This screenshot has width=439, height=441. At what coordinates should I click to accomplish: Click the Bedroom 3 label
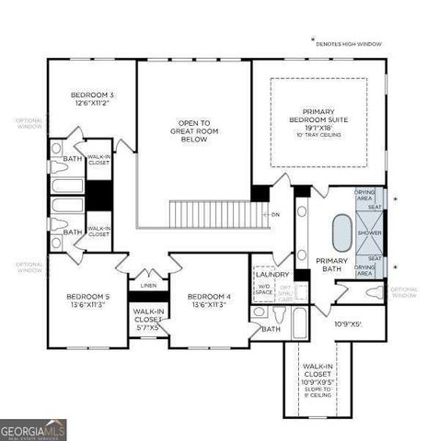click(x=92, y=99)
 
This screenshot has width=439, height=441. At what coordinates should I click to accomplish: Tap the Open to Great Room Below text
click(x=194, y=130)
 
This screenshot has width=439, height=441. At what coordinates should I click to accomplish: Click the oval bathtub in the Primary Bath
click(x=341, y=233)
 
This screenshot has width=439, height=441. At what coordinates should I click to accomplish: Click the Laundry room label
click(x=272, y=274)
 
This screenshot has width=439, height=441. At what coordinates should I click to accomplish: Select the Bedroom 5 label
click(x=87, y=300)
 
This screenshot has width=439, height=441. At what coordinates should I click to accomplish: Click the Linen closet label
click(x=148, y=286)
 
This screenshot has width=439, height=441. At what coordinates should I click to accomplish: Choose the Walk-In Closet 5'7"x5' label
click(x=148, y=318)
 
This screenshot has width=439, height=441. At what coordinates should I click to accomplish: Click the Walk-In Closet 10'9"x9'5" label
click(x=318, y=376)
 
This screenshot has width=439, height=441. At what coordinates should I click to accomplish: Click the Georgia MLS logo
click(x=34, y=429)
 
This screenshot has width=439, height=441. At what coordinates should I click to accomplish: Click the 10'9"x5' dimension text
click(x=348, y=323)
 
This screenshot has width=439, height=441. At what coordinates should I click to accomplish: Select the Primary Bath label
click(x=331, y=265)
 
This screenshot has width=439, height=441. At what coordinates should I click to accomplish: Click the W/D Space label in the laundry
click(x=263, y=288)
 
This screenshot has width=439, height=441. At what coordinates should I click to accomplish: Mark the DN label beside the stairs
click(x=275, y=214)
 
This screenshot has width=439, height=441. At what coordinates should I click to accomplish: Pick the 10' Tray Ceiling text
click(x=318, y=135)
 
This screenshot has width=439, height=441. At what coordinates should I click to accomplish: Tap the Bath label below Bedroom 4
click(x=271, y=329)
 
